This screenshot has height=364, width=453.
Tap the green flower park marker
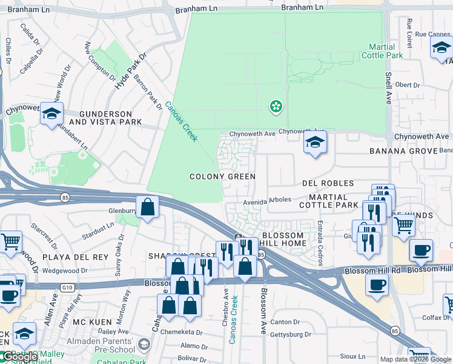[276, 107]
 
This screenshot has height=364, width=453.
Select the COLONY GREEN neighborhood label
[222, 177]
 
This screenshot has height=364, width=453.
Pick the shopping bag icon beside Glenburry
[147, 207]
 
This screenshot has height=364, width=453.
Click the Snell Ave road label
[388, 89]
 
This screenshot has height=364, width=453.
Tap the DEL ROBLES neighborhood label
[328, 183]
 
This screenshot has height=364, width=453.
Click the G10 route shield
[68, 285]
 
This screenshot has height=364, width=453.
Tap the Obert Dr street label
[407, 85]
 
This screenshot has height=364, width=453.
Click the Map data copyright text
[416, 359]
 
